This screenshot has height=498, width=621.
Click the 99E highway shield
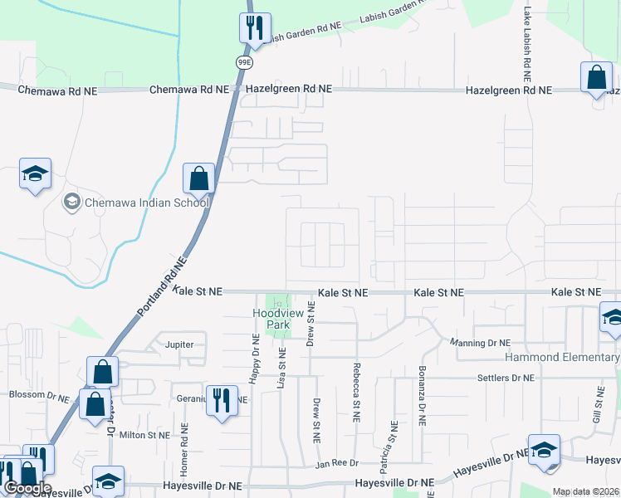243,62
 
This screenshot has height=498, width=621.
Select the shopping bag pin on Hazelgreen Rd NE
596,79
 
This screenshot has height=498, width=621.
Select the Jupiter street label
179,344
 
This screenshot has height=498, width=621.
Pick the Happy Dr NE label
256,358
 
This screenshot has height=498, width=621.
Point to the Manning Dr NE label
479,342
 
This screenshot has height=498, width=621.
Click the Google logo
27,488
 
